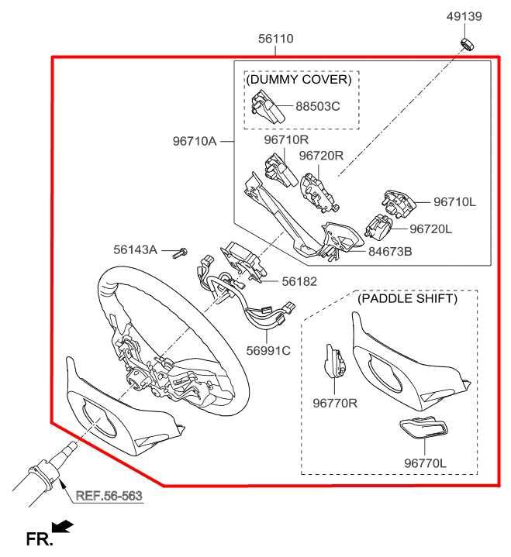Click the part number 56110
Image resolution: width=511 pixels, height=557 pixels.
point(276,39)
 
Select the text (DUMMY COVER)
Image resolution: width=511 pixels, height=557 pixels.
point(299,80)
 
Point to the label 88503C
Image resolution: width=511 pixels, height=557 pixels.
point(317,106)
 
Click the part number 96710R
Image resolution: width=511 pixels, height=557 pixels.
point(286,140)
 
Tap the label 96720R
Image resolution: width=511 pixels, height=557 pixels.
point(321,156)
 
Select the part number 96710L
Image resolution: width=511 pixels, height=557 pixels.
point(454,202)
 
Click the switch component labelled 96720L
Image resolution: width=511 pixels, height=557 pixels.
point(379,228)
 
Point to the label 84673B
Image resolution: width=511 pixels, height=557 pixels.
point(390,251)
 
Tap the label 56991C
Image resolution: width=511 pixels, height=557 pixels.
point(268,350)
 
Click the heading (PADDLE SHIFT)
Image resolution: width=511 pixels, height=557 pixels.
point(406,298)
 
